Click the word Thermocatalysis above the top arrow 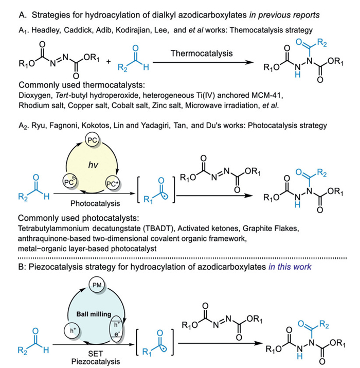click(x=202, y=54)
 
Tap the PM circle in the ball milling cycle click(x=97, y=285)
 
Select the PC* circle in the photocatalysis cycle click(x=112, y=184)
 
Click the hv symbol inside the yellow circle click(x=93, y=165)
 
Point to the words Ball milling click(x=94, y=314)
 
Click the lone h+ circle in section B click(x=72, y=330)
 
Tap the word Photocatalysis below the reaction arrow click(x=95, y=203)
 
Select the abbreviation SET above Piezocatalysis click(x=96, y=354)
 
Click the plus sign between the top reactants click(x=109, y=62)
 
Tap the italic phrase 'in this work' click(x=290, y=267)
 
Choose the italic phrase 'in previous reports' click(x=284, y=15)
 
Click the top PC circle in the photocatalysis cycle click(x=92, y=140)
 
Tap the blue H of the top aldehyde click(x=146, y=67)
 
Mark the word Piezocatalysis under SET click(x=96, y=362)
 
